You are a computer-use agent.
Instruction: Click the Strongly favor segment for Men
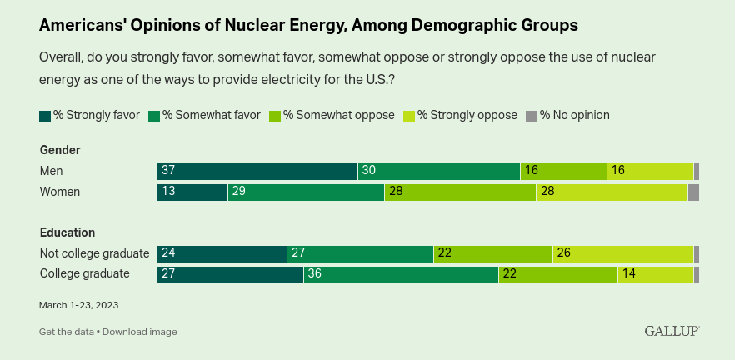257,172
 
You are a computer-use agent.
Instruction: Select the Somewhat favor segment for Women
307,192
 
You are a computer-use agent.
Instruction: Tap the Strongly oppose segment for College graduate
656,275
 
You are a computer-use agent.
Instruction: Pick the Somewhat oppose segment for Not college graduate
493,254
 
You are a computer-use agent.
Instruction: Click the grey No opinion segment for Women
693,192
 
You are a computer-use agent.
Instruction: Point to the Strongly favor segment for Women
192,192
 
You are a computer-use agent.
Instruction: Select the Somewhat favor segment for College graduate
402,275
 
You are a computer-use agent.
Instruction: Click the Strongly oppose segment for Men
651,172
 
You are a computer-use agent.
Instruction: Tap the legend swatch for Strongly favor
45,117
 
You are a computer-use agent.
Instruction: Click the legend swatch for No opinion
531,117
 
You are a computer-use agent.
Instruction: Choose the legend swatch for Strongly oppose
409,117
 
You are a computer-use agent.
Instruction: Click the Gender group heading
60,151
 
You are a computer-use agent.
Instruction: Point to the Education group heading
67,232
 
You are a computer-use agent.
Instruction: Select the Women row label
60,192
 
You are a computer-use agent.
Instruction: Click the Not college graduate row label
95,253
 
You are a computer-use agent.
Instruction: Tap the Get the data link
67,332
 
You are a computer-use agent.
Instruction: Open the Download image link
140,332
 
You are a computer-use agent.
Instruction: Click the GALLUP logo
672,331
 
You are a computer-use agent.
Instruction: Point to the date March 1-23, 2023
78,305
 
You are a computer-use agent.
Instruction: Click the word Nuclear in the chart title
257,26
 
